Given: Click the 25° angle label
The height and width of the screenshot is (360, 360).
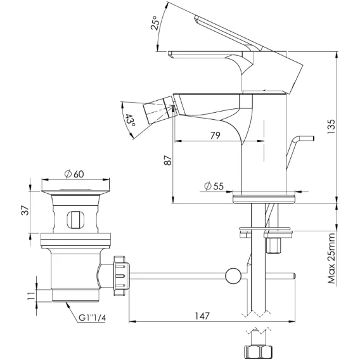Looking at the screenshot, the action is (x=155, y=23).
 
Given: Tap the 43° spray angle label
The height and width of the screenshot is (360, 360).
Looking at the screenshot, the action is (x=130, y=120).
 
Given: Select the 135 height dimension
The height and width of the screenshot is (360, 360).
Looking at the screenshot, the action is (x=331, y=127).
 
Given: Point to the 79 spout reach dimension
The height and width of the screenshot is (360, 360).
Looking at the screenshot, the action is (x=215, y=136).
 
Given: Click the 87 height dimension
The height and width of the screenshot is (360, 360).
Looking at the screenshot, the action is (x=168, y=160).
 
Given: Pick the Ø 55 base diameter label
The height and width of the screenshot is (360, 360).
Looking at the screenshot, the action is (x=214, y=186).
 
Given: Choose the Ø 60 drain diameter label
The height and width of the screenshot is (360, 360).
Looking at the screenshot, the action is (x=74, y=174).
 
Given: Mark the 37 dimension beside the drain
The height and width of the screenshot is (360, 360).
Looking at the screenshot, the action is (x=25, y=210).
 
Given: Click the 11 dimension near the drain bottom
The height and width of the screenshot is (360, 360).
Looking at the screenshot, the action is (x=32, y=295).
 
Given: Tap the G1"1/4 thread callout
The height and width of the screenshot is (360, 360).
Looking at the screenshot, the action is (x=93, y=318).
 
